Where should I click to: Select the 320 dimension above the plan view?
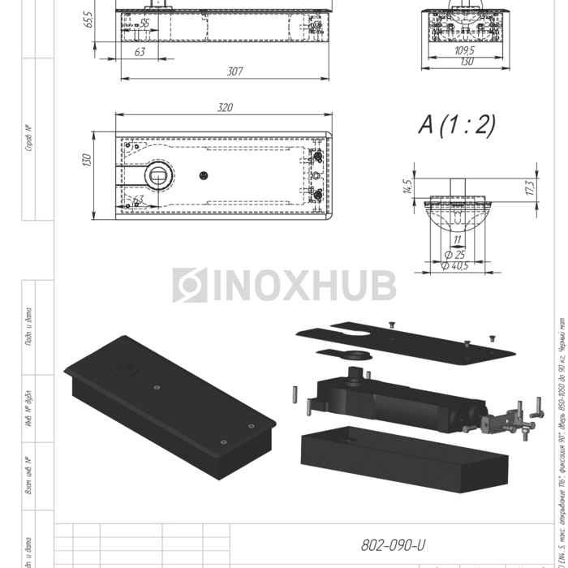coord(226,108)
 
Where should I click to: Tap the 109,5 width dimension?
coord(464,50)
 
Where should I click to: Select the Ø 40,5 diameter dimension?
coord(457,265)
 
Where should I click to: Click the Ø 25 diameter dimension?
coord(455,255)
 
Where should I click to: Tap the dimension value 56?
coord(144,24)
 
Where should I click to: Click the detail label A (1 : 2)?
coord(456,124)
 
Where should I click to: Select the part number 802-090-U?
coord(394,544)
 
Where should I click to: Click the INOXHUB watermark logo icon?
coord(189,286)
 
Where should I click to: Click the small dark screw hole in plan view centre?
coord(204,174)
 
